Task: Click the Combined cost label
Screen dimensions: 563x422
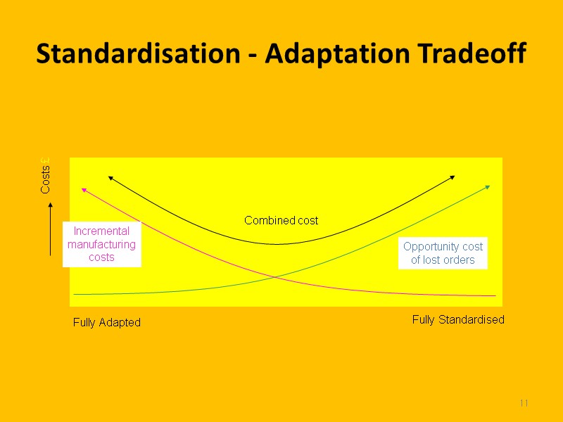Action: point(281,220)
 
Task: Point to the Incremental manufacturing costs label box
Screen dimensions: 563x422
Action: point(101,244)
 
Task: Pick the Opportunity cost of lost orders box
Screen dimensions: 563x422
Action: point(443,253)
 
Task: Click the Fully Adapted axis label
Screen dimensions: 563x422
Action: point(107,322)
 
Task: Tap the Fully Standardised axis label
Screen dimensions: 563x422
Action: point(458,319)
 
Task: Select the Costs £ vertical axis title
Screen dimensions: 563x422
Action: point(45,176)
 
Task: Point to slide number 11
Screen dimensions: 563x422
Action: point(524,403)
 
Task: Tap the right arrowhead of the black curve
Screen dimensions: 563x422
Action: point(453,177)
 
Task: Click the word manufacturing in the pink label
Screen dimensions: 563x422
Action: point(101,244)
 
